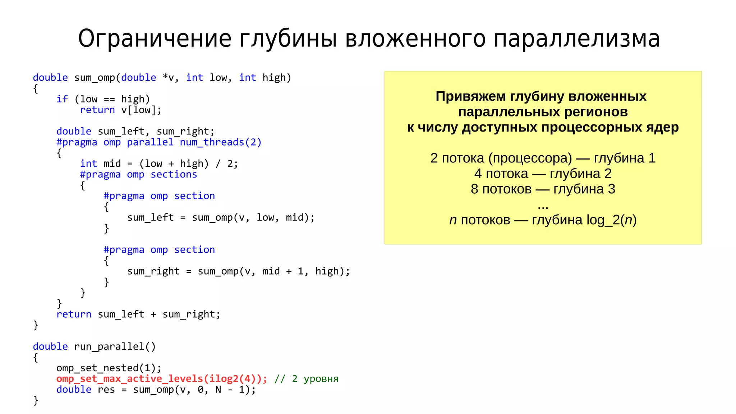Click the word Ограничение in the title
click(x=155, y=39)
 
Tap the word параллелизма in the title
click(x=576, y=39)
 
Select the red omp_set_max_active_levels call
click(x=162, y=379)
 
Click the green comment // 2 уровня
click(x=306, y=379)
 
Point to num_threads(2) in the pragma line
click(x=221, y=142)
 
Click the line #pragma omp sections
click(x=138, y=175)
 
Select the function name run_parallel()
click(x=115, y=346)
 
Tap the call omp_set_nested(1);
click(x=109, y=368)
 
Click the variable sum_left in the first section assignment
click(x=150, y=217)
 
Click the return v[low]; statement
click(x=121, y=110)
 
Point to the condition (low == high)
click(x=112, y=99)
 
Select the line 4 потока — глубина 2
click(x=543, y=174)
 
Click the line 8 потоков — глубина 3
click(x=543, y=189)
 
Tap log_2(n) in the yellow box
click(x=611, y=220)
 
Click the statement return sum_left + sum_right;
click(x=138, y=314)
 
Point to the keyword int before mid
click(x=88, y=164)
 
